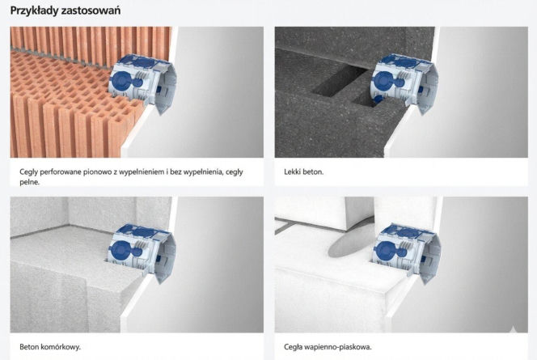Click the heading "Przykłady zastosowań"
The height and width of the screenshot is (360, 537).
(x=66, y=11)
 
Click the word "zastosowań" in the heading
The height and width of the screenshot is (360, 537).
(x=91, y=11)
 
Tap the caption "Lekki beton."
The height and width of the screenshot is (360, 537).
(x=304, y=172)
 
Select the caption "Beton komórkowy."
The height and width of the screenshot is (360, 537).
(x=50, y=346)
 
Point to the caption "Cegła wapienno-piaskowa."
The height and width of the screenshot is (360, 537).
(x=328, y=347)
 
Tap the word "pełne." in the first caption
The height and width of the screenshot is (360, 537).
(x=29, y=182)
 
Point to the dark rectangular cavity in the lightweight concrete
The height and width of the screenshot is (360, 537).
(x=339, y=82)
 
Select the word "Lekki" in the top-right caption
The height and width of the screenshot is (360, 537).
(x=292, y=172)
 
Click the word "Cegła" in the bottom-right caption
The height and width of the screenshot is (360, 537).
(x=293, y=347)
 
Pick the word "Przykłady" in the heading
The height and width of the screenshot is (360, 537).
(x=34, y=11)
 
